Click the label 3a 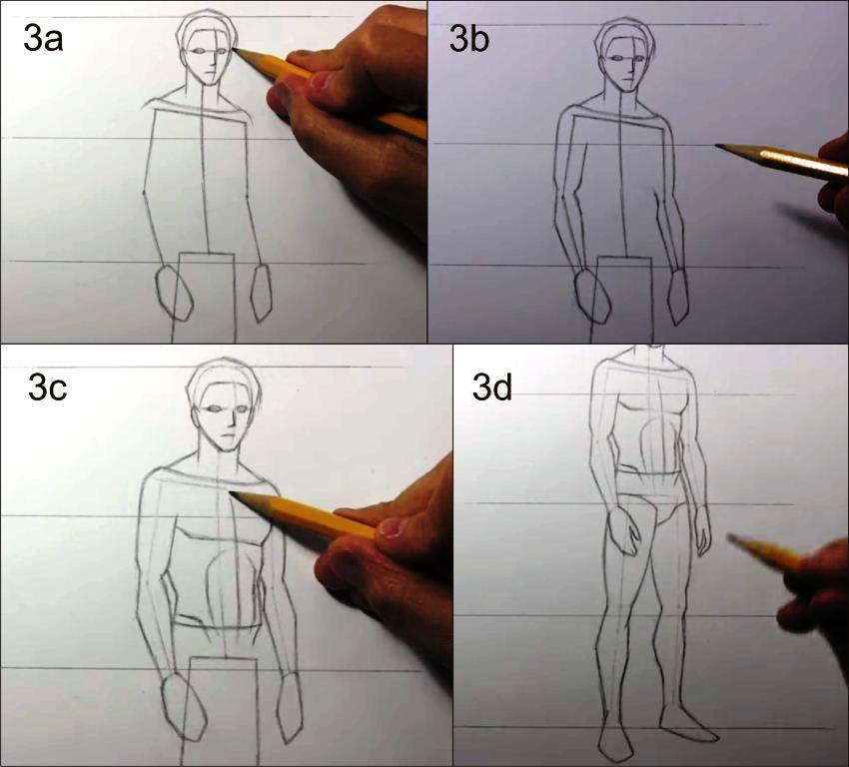43,40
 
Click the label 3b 468,40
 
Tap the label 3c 48,387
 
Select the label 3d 492,387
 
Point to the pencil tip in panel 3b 717,145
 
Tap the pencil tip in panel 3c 232,493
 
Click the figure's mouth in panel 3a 209,73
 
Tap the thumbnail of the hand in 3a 321,82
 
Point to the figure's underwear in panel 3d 650,498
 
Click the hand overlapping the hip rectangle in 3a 175,293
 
